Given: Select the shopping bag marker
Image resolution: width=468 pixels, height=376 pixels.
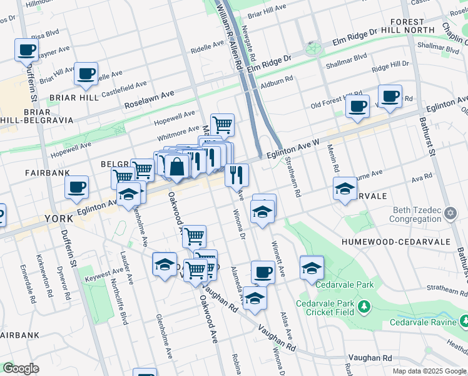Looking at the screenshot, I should coord(178,167).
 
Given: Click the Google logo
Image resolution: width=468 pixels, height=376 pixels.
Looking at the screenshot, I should coord(21,368).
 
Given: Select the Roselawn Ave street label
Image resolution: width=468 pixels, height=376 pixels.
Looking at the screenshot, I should coord(149,93).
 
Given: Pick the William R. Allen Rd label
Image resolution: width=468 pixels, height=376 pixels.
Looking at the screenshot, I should coord(228,34).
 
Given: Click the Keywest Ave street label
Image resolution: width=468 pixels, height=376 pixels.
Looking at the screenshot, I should coord(104,272).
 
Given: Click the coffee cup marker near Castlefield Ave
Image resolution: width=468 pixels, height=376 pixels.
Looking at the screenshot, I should coord(86,74).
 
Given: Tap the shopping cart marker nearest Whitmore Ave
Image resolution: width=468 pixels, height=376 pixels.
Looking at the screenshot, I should coord(222,125).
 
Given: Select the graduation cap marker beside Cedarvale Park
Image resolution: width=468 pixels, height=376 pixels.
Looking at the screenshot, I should coord(311,268).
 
